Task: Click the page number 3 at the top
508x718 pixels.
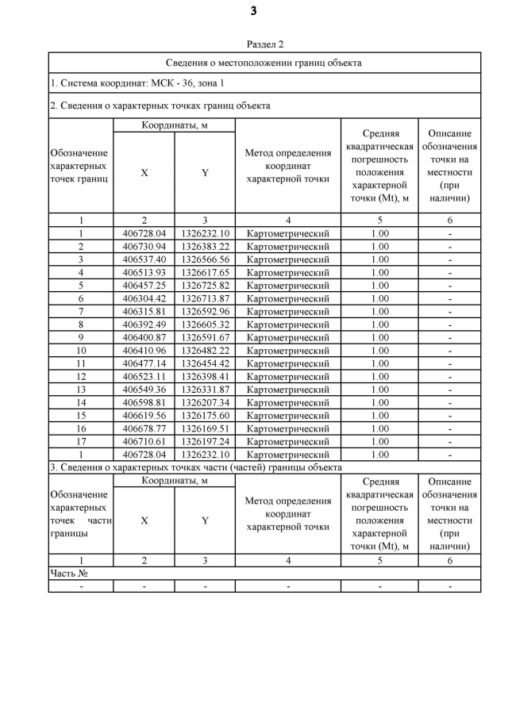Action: (x=253, y=11)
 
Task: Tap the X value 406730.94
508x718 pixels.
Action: (x=144, y=247)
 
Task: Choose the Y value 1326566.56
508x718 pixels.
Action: (x=205, y=259)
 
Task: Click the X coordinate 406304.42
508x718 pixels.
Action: (x=144, y=298)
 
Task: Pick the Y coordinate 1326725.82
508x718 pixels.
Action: (x=205, y=286)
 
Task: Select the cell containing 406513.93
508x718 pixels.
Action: (x=144, y=273)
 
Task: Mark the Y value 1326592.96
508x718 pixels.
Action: (x=205, y=312)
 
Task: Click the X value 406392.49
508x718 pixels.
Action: (x=144, y=324)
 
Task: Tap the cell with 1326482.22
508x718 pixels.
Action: (x=205, y=351)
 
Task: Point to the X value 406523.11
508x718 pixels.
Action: (x=144, y=377)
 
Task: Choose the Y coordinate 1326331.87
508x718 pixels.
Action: (x=205, y=390)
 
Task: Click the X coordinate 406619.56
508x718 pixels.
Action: (x=144, y=416)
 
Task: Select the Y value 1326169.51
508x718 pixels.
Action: (x=205, y=428)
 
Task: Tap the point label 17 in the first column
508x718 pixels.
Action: (x=81, y=442)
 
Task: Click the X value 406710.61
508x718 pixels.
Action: (x=144, y=442)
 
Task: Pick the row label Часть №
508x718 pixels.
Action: (x=68, y=574)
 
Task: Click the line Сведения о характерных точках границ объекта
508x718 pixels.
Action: (x=160, y=105)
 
